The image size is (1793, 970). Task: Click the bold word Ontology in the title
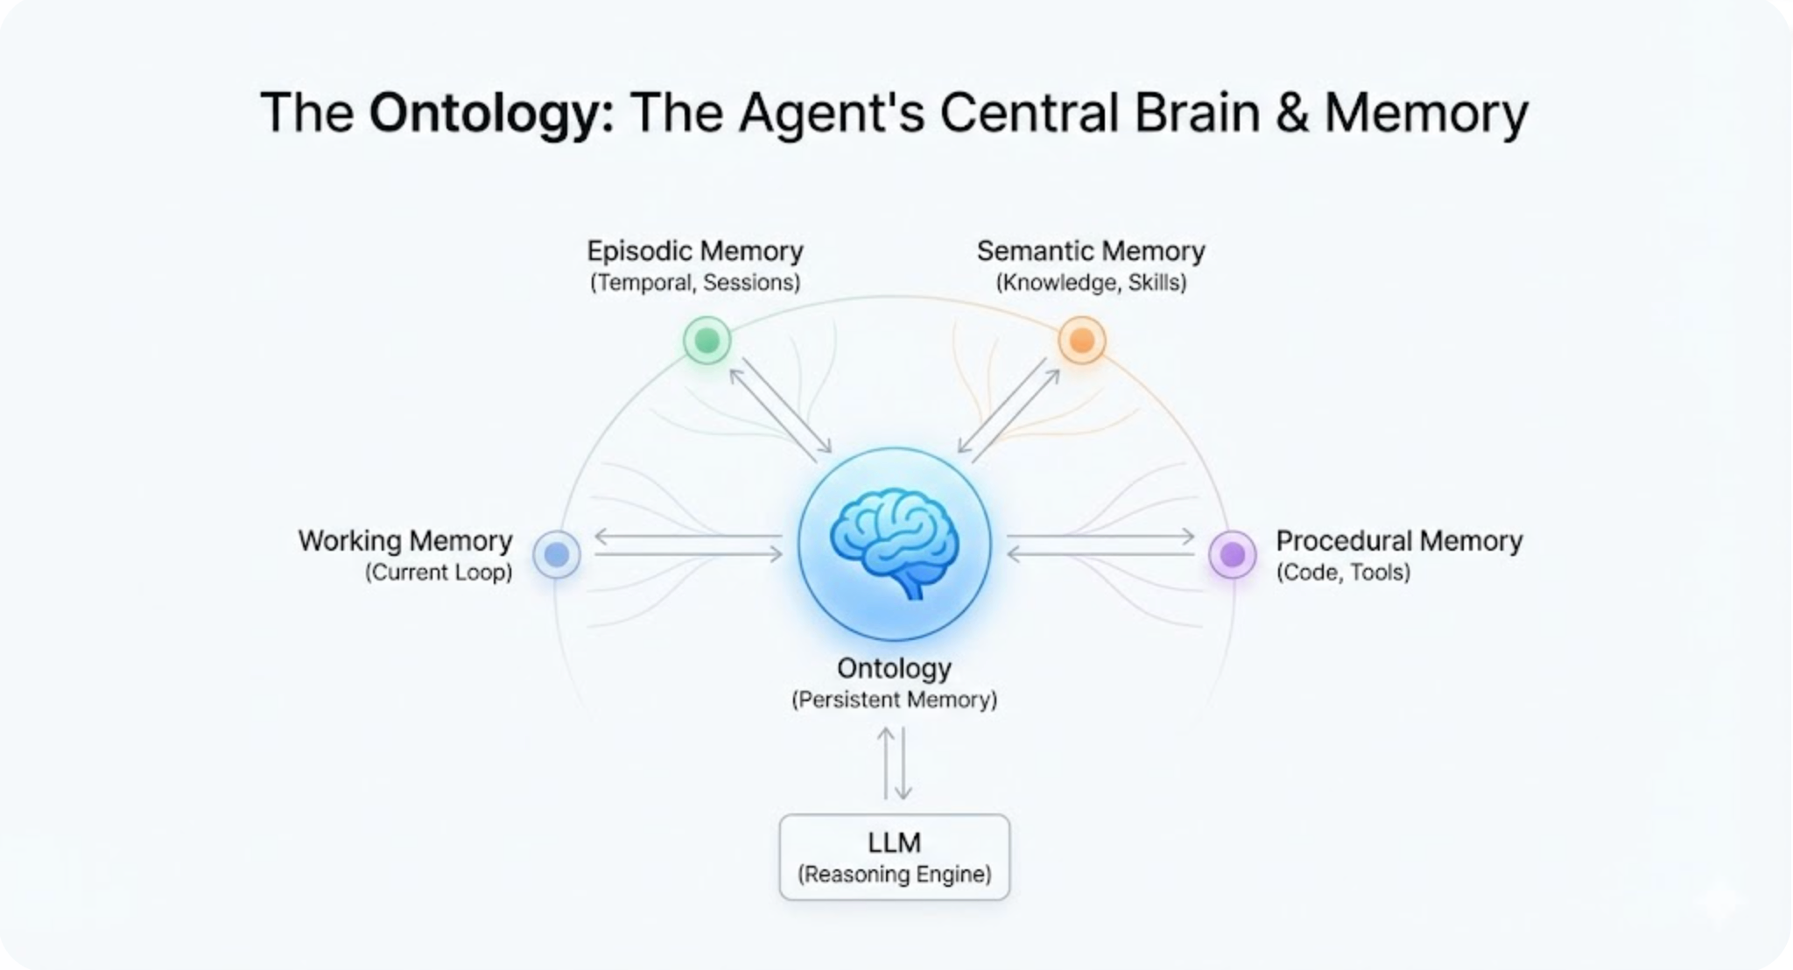491,114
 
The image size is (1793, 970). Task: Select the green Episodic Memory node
707,340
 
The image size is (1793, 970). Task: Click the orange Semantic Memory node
1081,340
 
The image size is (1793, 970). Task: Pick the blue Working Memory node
557,554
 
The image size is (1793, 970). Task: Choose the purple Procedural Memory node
1232,554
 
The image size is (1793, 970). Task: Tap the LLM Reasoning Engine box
894,857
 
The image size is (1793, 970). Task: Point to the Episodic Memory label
695,251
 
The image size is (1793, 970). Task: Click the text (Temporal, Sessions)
695,283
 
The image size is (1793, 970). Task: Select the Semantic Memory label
1091,251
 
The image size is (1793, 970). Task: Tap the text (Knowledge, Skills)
1091,283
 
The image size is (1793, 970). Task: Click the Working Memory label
405,541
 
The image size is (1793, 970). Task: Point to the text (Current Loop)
439,573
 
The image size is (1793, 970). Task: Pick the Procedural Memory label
1399,541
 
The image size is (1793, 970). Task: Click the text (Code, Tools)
1343,573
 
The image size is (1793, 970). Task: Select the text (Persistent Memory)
894,699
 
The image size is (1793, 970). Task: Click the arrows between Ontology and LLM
894,763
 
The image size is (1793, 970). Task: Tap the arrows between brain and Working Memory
688,545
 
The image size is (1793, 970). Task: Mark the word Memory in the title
1426,114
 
